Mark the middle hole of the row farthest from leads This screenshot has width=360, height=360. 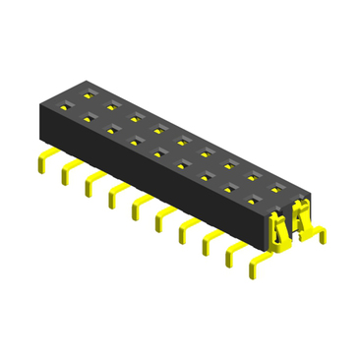[x=181, y=141]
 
